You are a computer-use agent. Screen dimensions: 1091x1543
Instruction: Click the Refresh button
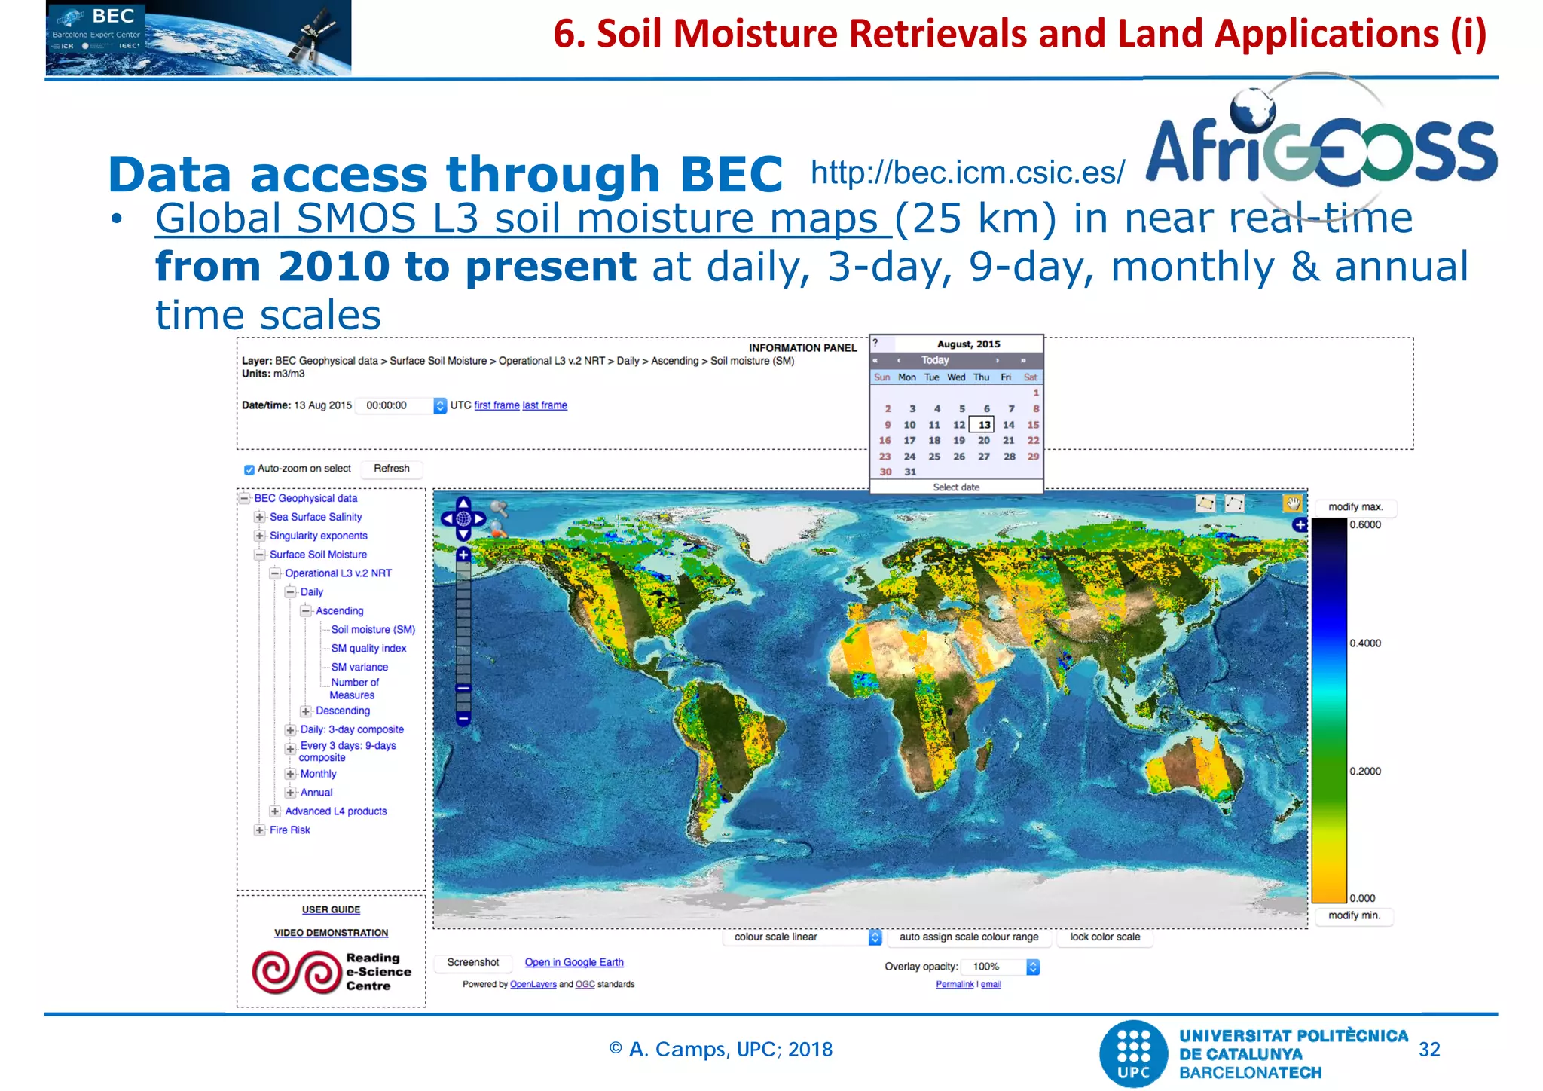click(x=391, y=469)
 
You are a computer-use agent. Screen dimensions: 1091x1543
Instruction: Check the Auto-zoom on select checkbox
click(x=249, y=469)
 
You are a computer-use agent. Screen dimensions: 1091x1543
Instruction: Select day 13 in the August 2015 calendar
click(x=984, y=425)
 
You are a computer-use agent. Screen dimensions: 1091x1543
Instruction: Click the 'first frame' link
click(x=497, y=405)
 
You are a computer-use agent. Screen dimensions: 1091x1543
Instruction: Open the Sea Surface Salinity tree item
click(x=316, y=517)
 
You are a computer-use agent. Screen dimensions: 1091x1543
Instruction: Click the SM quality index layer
click(x=368, y=649)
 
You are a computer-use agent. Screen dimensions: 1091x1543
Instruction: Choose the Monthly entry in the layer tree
click(x=318, y=774)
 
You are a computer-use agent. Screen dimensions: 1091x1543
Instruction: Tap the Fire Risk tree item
click(x=290, y=830)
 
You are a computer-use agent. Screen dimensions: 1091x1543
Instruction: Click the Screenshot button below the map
click(x=472, y=963)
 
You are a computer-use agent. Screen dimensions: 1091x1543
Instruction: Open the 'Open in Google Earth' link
click(x=574, y=963)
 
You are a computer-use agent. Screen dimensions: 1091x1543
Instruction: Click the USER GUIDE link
click(x=331, y=910)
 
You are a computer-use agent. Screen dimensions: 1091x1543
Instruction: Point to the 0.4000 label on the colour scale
click(x=1365, y=643)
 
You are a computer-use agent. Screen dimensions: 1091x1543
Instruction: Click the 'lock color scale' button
click(x=1105, y=937)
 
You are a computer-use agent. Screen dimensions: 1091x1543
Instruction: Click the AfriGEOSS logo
click(x=1321, y=148)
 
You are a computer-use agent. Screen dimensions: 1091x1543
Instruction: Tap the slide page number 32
click(x=1429, y=1050)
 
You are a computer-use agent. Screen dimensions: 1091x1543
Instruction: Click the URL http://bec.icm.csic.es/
click(x=967, y=173)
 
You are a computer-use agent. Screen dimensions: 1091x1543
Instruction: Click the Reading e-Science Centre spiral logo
click(x=297, y=972)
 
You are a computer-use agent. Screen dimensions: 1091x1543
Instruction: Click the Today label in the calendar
click(x=935, y=361)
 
